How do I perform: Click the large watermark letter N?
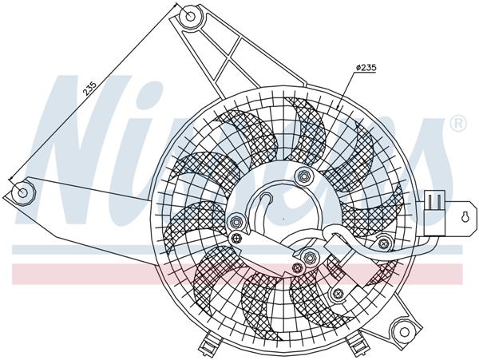coord(88,152)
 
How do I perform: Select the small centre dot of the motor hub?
coord(283,217)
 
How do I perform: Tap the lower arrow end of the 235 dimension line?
coord(10,180)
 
